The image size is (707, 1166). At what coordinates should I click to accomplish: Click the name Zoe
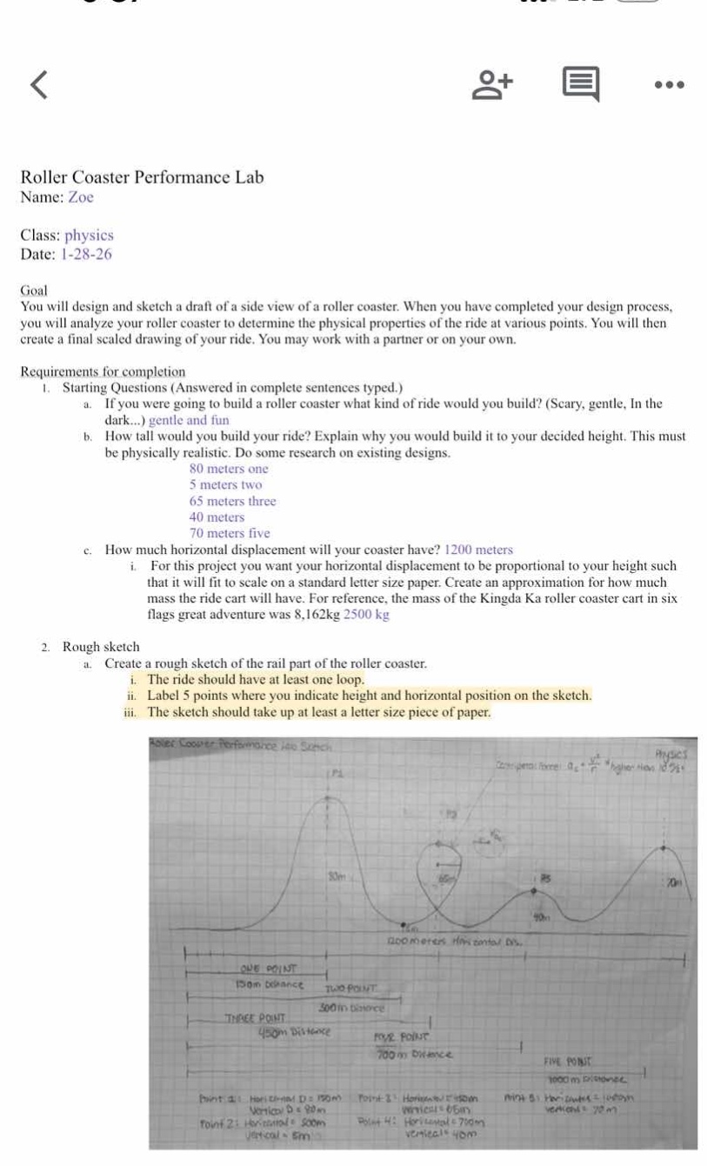81,197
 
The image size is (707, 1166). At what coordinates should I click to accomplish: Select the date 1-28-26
86,255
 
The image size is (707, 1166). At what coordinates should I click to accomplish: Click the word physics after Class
90,236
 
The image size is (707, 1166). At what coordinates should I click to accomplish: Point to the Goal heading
35,291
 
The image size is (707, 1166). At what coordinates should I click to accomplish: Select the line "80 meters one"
229,470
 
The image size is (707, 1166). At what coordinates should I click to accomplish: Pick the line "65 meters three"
232,502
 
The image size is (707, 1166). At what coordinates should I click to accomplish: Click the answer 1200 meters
478,550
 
